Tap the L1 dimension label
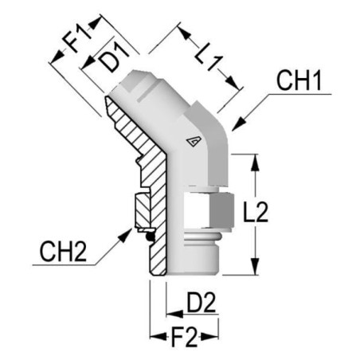click(x=209, y=57)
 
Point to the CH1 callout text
click(x=299, y=80)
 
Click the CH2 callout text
click(x=63, y=252)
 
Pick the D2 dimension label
click(x=201, y=302)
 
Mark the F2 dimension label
click(x=184, y=338)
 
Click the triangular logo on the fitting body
click(x=194, y=142)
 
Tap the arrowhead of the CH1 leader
click(x=238, y=123)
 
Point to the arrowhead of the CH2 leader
click(x=126, y=234)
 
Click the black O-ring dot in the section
click(x=151, y=237)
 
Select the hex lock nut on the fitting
click(x=209, y=210)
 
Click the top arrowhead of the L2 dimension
click(x=256, y=162)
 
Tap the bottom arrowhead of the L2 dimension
click(x=256, y=266)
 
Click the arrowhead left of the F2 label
click(x=158, y=337)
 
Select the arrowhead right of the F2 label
click(x=209, y=337)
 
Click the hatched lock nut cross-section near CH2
click(x=143, y=210)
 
